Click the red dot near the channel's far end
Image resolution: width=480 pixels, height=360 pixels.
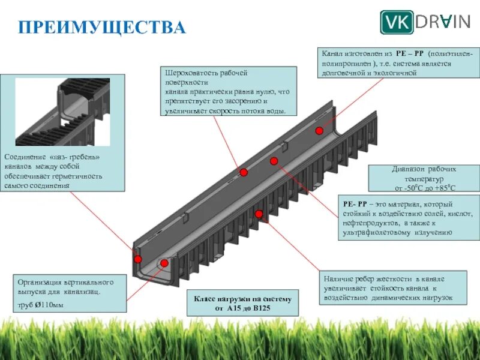[x=319, y=130]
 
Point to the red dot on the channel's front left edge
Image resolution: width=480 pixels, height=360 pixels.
[x=138, y=259]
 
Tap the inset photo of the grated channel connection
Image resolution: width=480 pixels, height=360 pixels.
[x=62, y=112]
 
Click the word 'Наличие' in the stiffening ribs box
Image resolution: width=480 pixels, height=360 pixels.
[x=340, y=279]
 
